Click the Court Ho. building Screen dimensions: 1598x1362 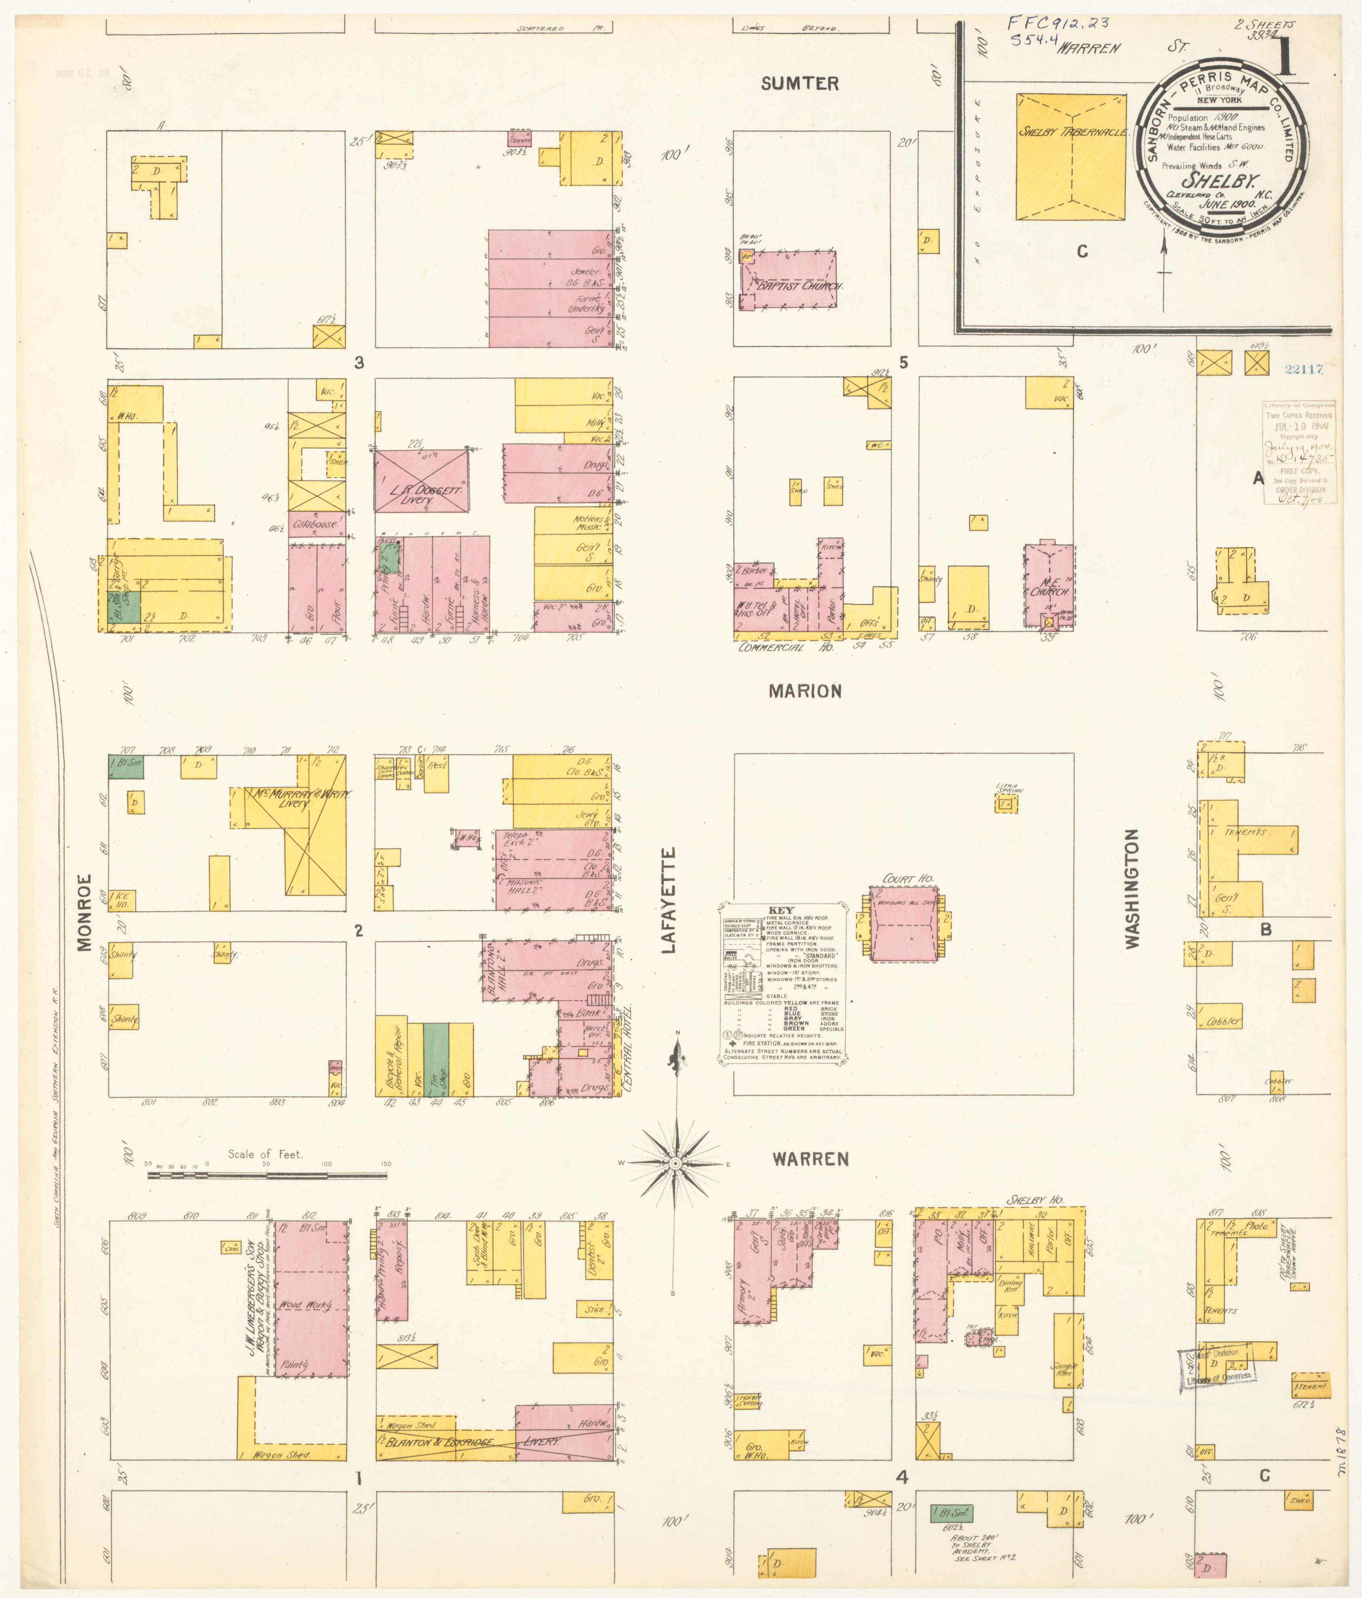click(x=903, y=923)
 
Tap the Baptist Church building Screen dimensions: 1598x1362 click(x=788, y=279)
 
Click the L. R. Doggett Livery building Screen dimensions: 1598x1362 click(x=421, y=480)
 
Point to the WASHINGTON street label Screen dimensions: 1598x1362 click(x=1131, y=889)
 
